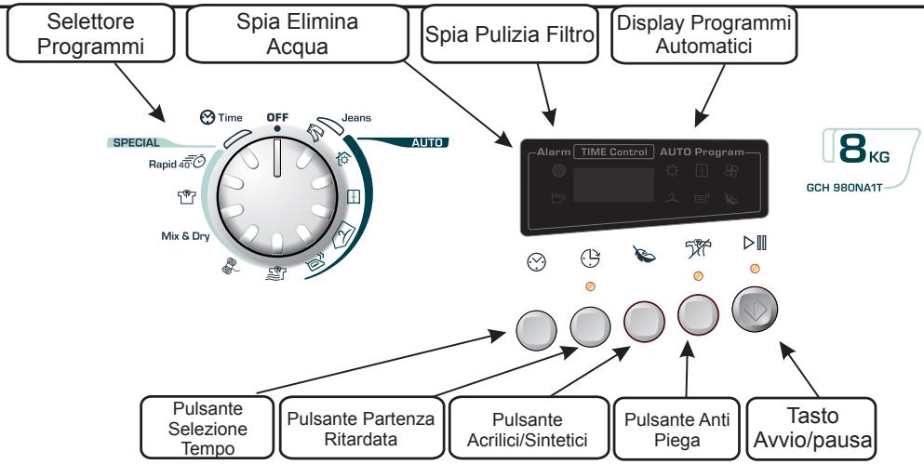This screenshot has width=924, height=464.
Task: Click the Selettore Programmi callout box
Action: pyautogui.click(x=91, y=33)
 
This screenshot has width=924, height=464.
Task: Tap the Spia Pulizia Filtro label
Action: pyautogui.click(x=510, y=34)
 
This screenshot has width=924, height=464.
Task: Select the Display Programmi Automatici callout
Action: pyautogui.click(x=704, y=34)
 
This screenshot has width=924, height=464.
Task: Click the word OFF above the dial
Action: pyautogui.click(x=277, y=117)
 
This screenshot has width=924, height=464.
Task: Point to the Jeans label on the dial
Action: pyautogui.click(x=356, y=118)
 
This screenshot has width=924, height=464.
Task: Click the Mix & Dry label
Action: pyautogui.click(x=185, y=236)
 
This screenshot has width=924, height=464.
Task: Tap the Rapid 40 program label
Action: pyautogui.click(x=177, y=163)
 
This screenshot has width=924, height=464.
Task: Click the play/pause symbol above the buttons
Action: pyautogui.click(x=755, y=243)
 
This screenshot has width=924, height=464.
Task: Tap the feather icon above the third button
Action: pyautogui.click(x=644, y=255)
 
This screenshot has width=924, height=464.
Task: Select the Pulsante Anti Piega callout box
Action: pyautogui.click(x=676, y=429)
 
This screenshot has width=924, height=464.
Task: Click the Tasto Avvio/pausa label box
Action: pyautogui.click(x=811, y=429)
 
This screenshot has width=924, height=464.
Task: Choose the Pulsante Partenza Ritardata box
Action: pyautogui.click(x=361, y=428)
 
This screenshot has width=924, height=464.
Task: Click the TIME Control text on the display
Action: pyautogui.click(x=613, y=152)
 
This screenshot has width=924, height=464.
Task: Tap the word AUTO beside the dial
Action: pyautogui.click(x=427, y=142)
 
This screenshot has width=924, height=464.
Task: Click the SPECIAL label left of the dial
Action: pyautogui.click(x=136, y=142)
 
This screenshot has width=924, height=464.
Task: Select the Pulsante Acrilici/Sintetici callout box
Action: pyautogui.click(x=529, y=428)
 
